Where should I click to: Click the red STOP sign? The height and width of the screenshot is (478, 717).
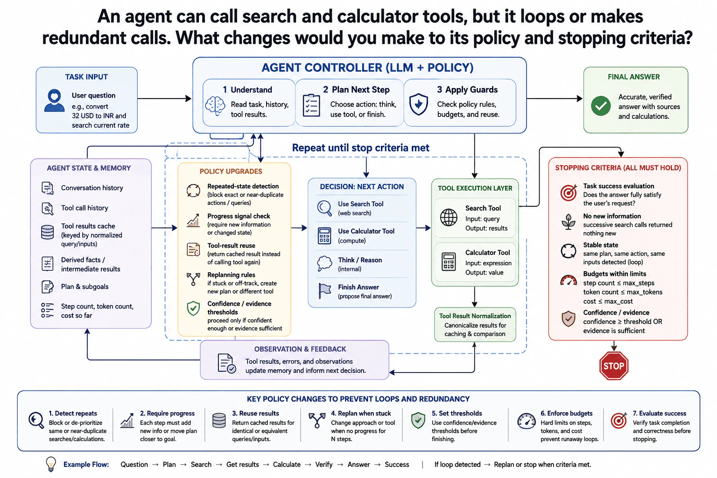click(x=614, y=366)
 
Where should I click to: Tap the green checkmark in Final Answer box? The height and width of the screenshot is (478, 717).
click(x=601, y=106)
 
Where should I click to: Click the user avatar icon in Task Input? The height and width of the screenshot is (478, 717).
click(x=55, y=100)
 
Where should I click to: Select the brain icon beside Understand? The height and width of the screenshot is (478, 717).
click(x=215, y=106)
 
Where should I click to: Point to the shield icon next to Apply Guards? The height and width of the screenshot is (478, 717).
click(x=419, y=104)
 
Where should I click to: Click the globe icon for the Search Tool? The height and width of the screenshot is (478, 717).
click(x=449, y=218)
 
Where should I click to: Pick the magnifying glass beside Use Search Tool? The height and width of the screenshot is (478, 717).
click(x=324, y=208)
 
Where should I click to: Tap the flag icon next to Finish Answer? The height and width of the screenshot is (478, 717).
click(x=324, y=291)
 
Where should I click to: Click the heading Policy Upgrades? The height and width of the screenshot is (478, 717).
click(x=231, y=171)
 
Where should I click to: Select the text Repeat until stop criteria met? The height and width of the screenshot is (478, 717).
click(x=361, y=148)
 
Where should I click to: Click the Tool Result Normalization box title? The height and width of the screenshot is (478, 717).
click(x=475, y=316)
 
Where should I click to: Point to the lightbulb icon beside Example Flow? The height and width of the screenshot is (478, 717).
click(x=51, y=464)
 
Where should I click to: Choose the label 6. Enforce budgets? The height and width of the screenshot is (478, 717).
click(x=567, y=413)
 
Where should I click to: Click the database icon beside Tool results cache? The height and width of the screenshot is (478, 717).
click(x=47, y=232)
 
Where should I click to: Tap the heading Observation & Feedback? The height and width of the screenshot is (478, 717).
click(x=300, y=349)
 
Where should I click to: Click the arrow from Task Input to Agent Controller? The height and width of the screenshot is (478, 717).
click(x=164, y=98)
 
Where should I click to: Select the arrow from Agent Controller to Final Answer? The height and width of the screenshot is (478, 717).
click(x=555, y=98)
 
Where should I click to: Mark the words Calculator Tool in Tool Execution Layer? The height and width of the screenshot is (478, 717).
click(x=487, y=253)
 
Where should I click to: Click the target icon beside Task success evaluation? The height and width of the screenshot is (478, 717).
click(x=569, y=193)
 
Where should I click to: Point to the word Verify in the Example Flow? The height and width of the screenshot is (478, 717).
click(x=324, y=464)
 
